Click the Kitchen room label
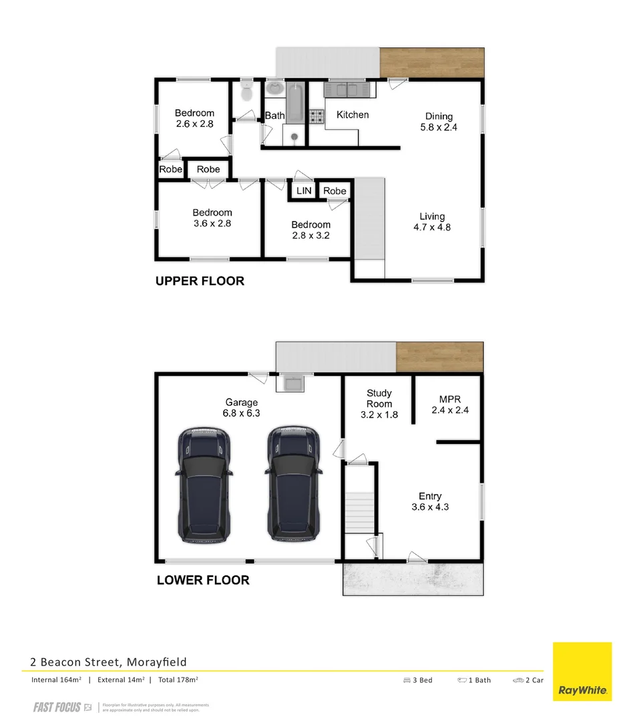[x=352, y=115]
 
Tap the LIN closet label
[x=304, y=191]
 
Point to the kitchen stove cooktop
[x=316, y=117]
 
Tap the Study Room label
[x=379, y=399]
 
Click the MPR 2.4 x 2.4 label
[x=449, y=405]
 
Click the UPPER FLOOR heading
[x=200, y=281]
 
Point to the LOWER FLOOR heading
[x=203, y=580]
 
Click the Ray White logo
[x=582, y=672]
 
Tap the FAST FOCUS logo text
[x=57, y=708]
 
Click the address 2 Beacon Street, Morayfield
[x=108, y=662]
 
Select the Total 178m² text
[x=178, y=680]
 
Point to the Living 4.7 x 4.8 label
[x=432, y=222]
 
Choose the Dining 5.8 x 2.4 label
[x=439, y=122]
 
